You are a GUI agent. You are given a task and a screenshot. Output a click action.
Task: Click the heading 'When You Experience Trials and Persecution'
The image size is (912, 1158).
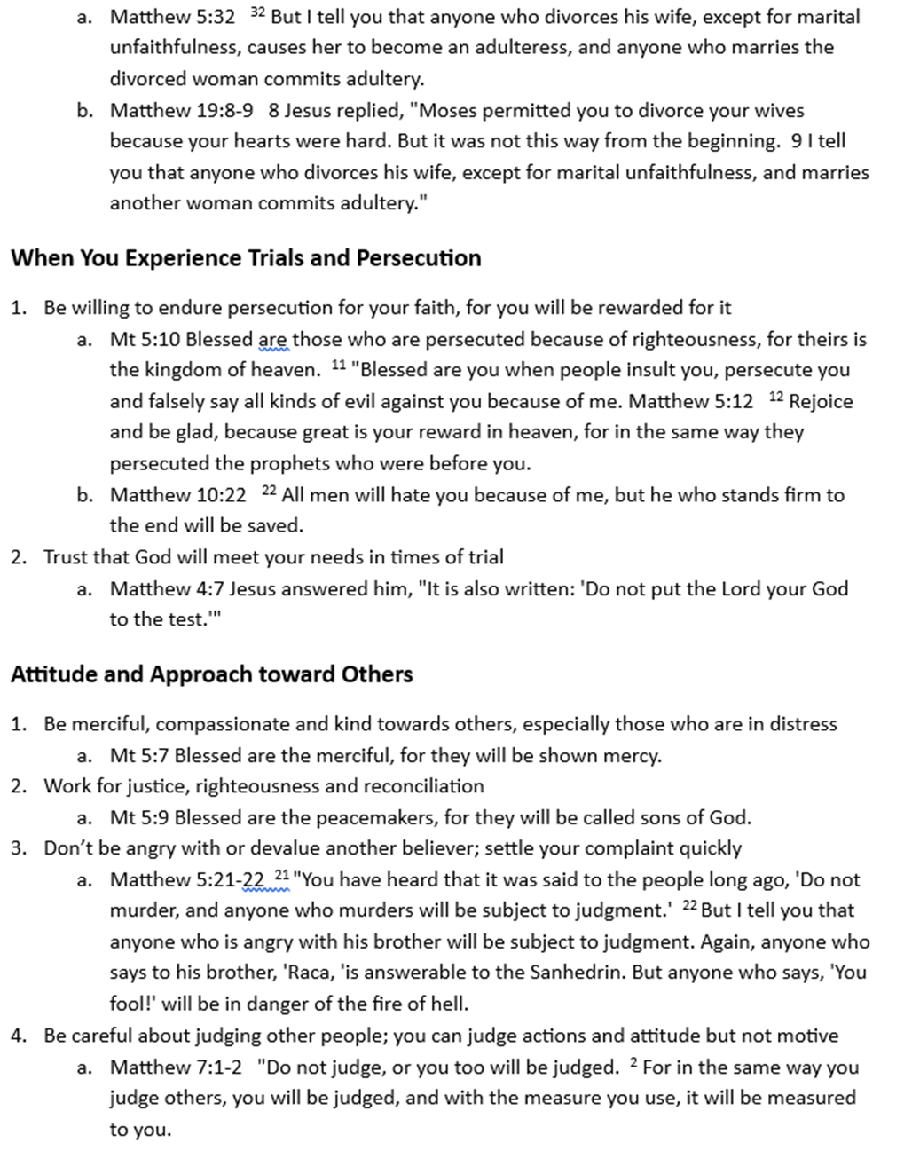(246, 258)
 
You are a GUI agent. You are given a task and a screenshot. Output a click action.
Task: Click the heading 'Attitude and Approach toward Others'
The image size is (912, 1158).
(212, 674)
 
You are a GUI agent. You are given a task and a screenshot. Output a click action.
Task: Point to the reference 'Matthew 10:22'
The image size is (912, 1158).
(177, 495)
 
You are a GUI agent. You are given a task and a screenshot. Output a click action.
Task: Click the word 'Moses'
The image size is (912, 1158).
(459, 111)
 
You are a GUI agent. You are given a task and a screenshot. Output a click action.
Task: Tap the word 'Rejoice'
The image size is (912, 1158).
(821, 402)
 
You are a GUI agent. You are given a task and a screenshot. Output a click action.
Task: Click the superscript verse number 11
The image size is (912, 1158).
(338, 366)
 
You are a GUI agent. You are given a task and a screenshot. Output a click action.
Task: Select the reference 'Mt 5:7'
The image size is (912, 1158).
(139, 756)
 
